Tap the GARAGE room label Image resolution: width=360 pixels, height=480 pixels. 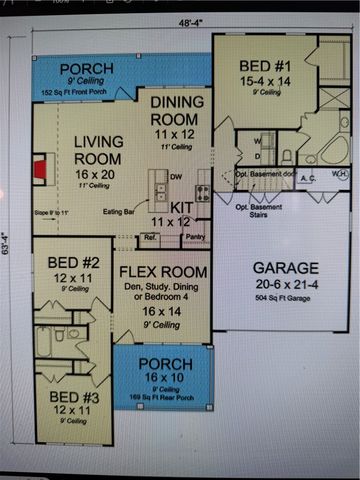(285, 268)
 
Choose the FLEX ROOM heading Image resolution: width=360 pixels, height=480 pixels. (163, 271)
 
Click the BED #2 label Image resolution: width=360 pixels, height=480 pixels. (70, 263)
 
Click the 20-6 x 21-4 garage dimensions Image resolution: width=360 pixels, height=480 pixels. (285, 284)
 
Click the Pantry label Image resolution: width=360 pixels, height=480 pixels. (194, 238)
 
